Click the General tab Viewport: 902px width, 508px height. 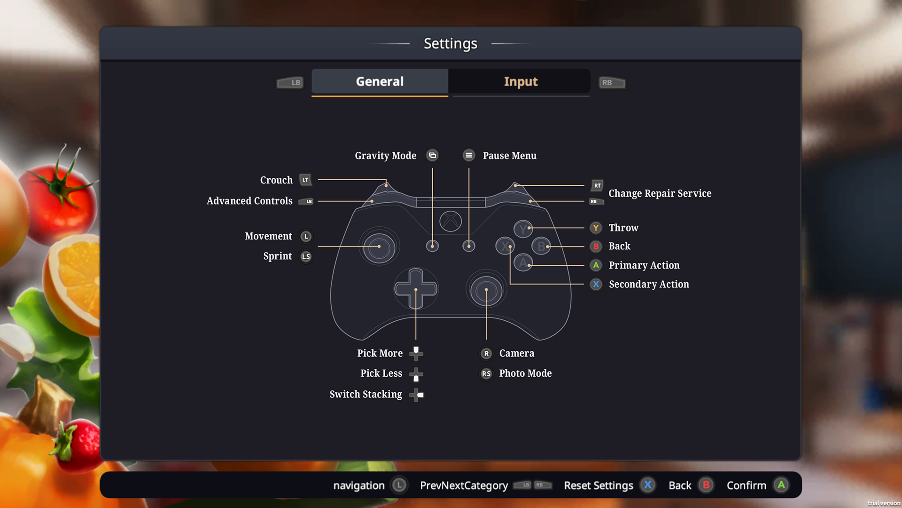tap(380, 82)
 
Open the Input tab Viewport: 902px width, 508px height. tap(521, 82)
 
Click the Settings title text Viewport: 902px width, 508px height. tap(450, 44)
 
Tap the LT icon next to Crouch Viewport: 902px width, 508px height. tap(305, 180)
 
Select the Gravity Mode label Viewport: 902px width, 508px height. tap(385, 156)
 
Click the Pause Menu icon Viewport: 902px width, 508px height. tap(468, 155)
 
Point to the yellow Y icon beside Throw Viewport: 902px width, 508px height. tap(596, 228)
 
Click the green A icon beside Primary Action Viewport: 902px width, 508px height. tap(596, 265)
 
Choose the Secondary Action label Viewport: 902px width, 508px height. tap(649, 284)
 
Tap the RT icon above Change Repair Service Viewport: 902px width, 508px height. tap(597, 185)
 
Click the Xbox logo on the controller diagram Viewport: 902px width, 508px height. tap(451, 221)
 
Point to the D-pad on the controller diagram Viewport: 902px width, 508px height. tap(416, 288)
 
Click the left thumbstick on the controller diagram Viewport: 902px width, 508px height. tap(379, 247)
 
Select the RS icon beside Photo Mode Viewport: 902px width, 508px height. tap(486, 373)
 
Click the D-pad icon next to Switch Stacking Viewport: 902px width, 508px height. tap(416, 395)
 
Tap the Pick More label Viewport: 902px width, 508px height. tap(380, 353)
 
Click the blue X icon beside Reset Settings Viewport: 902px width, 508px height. tap(648, 485)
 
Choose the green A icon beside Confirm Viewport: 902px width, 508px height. tap(781, 485)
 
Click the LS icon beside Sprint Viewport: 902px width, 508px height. tap(306, 256)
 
